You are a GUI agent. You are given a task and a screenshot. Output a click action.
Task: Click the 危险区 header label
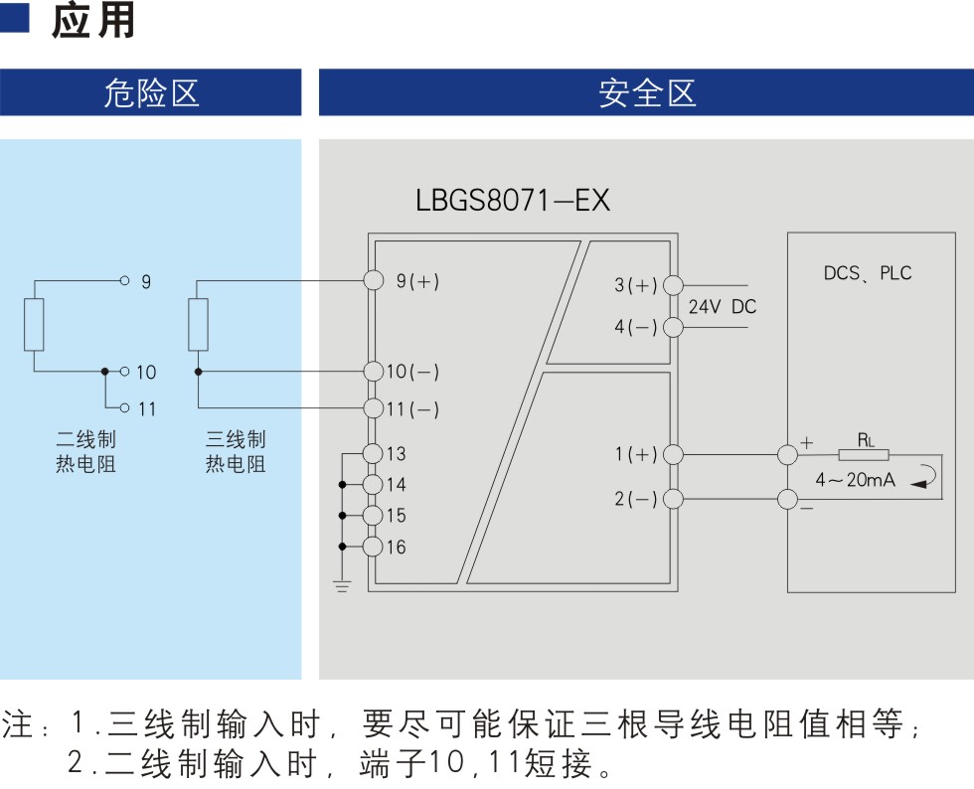pos(151,93)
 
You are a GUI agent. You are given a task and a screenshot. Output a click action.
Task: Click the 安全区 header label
pos(647,93)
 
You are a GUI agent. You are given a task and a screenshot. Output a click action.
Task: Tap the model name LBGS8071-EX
pos(513,200)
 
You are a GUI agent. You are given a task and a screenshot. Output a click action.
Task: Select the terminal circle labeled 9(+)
pos(374,280)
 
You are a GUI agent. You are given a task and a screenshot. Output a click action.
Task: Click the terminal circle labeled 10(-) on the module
pos(374,372)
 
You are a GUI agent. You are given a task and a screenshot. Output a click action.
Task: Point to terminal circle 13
pos(373,453)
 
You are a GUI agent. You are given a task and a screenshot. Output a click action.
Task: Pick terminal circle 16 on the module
pos(373,547)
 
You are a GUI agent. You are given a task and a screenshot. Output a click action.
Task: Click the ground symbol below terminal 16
pos(342,586)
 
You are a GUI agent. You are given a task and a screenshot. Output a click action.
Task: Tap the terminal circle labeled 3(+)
pos(674,285)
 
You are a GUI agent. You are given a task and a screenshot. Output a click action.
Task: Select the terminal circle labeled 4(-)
pos(674,327)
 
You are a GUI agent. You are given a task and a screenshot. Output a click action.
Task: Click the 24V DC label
pos(723,306)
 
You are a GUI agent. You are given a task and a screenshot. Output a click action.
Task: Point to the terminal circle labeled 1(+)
pos(674,455)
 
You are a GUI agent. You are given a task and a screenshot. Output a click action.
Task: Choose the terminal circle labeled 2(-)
pos(674,499)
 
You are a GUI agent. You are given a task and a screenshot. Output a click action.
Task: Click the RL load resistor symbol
pos(864,455)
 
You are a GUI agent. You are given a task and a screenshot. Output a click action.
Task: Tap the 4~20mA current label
pos(856,480)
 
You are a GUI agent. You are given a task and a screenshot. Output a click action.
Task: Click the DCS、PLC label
pos(868,272)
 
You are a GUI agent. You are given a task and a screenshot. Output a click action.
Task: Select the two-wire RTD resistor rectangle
pos(34,324)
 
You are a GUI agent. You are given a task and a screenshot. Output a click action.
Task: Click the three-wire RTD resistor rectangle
pos(198,324)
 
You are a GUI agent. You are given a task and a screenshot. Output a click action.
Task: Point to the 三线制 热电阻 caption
pos(236,452)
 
